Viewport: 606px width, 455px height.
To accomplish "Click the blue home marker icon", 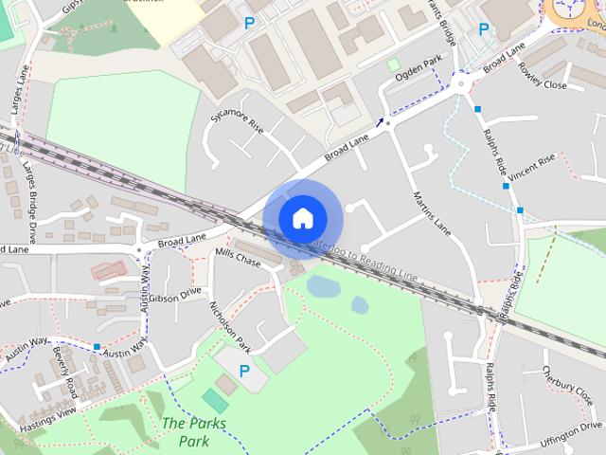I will (x=302, y=218).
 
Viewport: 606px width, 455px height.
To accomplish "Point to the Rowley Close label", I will (x=543, y=77).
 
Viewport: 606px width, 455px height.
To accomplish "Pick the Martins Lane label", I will (x=431, y=214).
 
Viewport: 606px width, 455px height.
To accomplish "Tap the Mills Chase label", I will (x=238, y=257).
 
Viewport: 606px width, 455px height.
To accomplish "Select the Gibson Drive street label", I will (x=175, y=296).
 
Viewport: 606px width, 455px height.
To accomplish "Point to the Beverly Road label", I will (x=65, y=373).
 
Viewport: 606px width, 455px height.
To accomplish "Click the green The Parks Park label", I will (x=194, y=432).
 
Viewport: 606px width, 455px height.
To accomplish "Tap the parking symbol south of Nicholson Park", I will (x=244, y=372).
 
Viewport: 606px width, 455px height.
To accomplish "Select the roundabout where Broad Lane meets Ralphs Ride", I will (x=462, y=83).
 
